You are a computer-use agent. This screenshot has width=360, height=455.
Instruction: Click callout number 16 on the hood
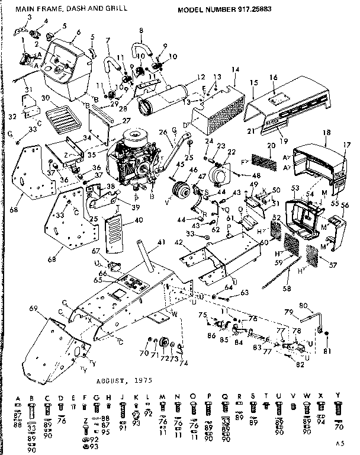click(x=273, y=77)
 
